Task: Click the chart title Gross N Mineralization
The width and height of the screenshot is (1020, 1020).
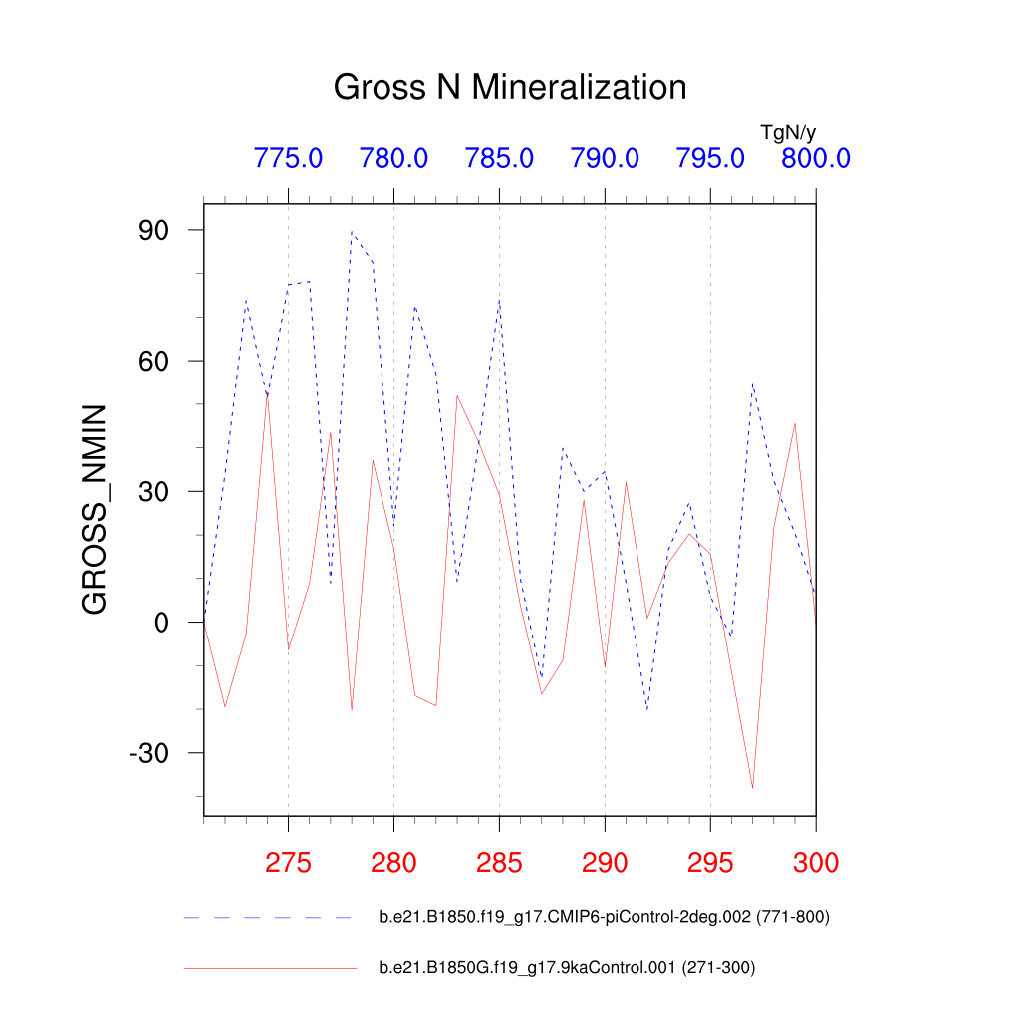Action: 509,87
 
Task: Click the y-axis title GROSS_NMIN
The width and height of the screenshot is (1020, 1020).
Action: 94,509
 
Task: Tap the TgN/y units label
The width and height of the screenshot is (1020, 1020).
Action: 788,131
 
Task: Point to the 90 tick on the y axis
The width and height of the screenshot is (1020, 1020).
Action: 159,230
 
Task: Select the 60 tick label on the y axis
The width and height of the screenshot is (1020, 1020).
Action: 159,361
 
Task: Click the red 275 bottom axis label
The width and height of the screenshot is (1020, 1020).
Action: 288,862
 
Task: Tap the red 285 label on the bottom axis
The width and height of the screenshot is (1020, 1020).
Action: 499,862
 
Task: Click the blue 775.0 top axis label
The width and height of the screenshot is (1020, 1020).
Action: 288,158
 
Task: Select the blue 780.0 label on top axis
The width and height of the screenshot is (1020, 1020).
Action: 393,158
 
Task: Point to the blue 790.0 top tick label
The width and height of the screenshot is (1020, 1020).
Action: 605,158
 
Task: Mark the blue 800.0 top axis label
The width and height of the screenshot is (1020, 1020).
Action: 815,158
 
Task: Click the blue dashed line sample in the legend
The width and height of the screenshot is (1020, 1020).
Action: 269,917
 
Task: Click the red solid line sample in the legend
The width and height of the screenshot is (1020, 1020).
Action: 269,967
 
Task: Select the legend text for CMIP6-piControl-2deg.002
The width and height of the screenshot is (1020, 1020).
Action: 604,917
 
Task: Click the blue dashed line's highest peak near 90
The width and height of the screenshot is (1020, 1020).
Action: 352,232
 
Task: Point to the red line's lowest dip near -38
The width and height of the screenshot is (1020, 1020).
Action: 752,788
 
